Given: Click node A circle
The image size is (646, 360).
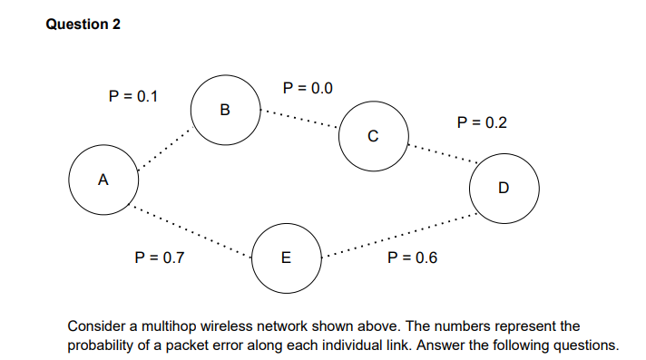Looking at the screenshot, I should (x=104, y=180).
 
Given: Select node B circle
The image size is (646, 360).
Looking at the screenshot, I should (x=225, y=112).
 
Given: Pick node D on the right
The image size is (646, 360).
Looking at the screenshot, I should (x=504, y=189).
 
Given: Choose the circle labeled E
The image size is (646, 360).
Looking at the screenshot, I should (x=285, y=258).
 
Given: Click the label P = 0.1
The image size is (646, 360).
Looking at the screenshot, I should (x=132, y=95).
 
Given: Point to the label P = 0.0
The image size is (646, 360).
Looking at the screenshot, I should (x=308, y=88).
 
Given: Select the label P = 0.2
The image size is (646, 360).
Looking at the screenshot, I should (x=482, y=122).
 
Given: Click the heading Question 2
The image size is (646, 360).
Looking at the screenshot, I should (x=83, y=24).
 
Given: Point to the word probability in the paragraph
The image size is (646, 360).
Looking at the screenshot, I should (x=104, y=345).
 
